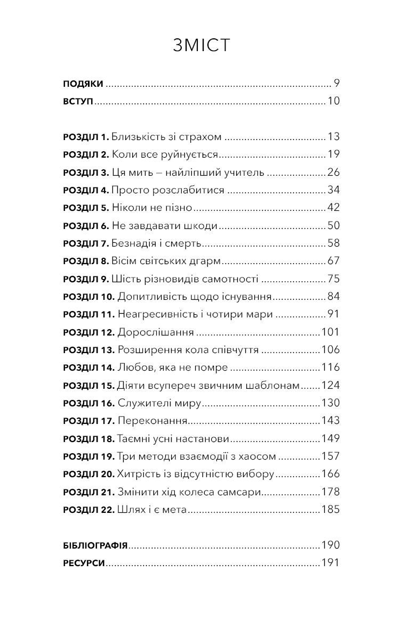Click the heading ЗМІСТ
[201, 46]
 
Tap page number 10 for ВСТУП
[333, 101]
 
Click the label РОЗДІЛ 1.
[86, 137]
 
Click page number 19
[333, 154]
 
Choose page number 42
[333, 208]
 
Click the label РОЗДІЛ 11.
[88, 315]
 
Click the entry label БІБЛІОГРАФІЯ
[95, 545]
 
